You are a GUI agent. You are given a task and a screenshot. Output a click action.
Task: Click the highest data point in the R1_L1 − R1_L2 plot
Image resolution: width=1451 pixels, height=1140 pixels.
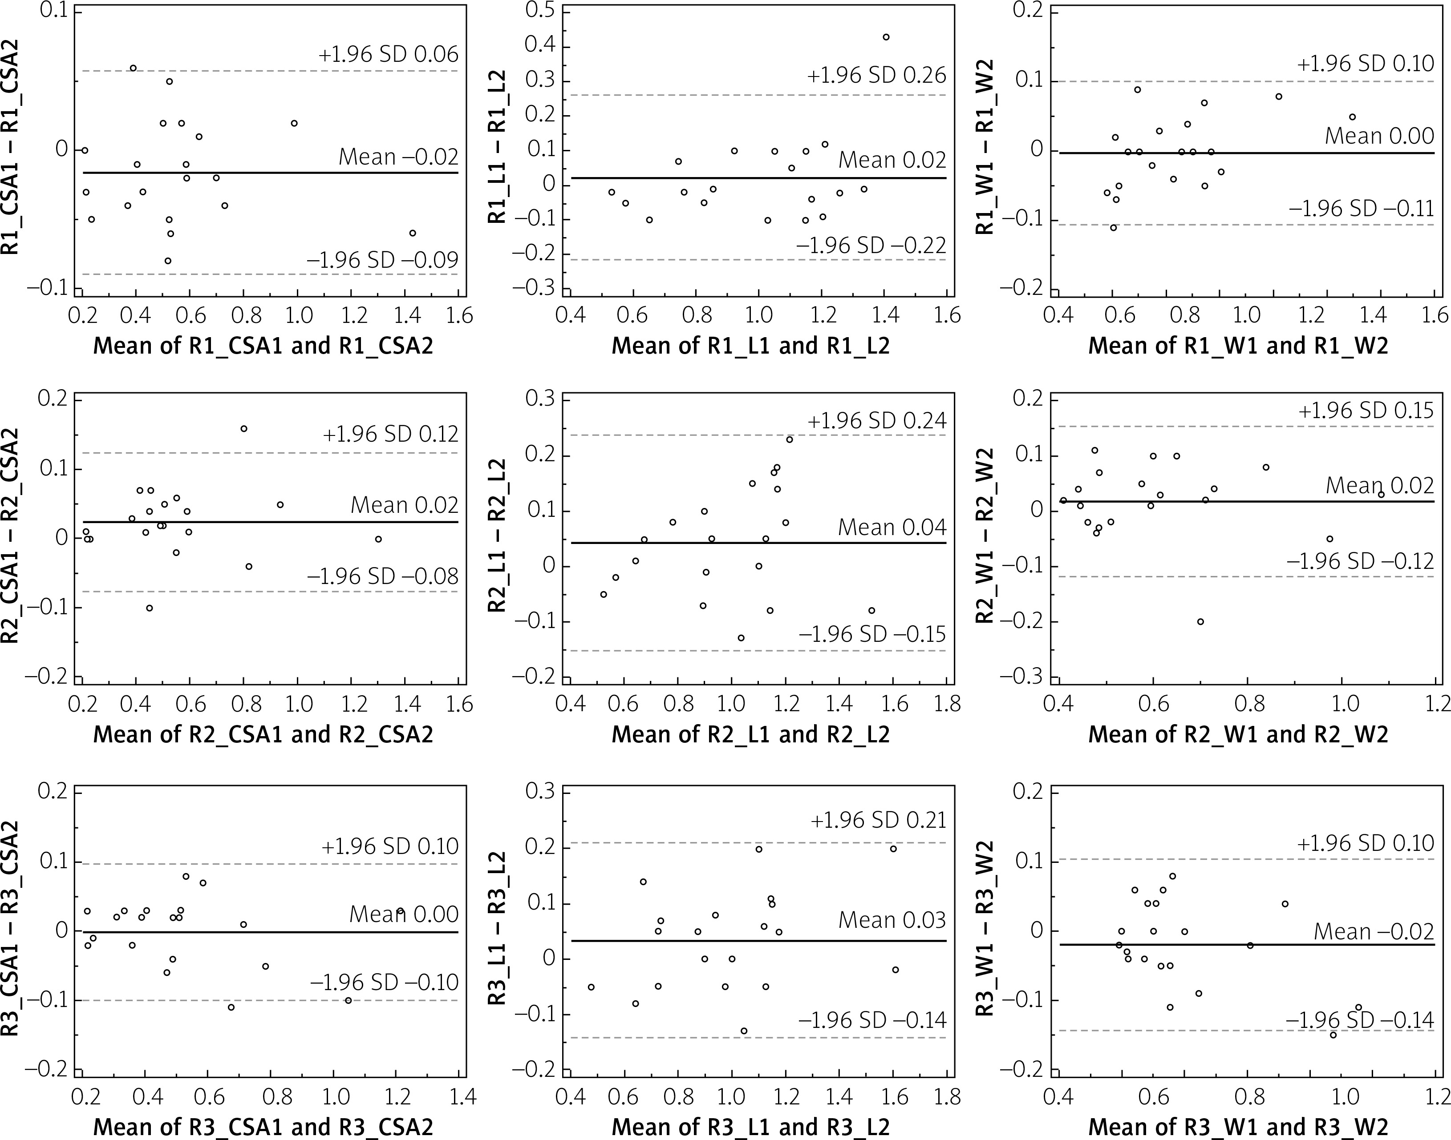coord(886,37)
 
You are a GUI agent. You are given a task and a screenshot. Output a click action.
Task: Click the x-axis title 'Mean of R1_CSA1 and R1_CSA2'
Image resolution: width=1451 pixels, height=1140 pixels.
coord(263,346)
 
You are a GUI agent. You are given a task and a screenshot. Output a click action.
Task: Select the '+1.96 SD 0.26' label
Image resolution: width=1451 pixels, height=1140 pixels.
coord(876,76)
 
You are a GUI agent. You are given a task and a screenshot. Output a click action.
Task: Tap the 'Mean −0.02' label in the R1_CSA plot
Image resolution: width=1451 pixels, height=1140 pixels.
coord(399,157)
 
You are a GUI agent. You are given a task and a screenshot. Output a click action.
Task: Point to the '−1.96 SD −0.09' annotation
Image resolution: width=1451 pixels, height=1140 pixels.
coord(383,260)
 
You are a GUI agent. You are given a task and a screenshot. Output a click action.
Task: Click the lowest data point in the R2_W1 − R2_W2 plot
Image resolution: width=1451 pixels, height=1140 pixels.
coord(1200,621)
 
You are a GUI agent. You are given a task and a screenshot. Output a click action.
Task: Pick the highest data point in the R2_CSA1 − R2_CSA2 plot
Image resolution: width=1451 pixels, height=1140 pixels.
coord(244,428)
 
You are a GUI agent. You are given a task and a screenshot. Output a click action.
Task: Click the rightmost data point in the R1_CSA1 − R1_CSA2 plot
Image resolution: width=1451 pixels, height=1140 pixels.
coord(413,233)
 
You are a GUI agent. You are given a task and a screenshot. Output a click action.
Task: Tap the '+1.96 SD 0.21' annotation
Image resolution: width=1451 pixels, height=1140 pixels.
coord(878,820)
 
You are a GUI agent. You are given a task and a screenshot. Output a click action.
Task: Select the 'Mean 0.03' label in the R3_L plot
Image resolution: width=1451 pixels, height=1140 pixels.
coord(892,920)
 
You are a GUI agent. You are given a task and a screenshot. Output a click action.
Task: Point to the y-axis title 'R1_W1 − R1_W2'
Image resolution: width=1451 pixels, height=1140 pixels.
coord(985,147)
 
